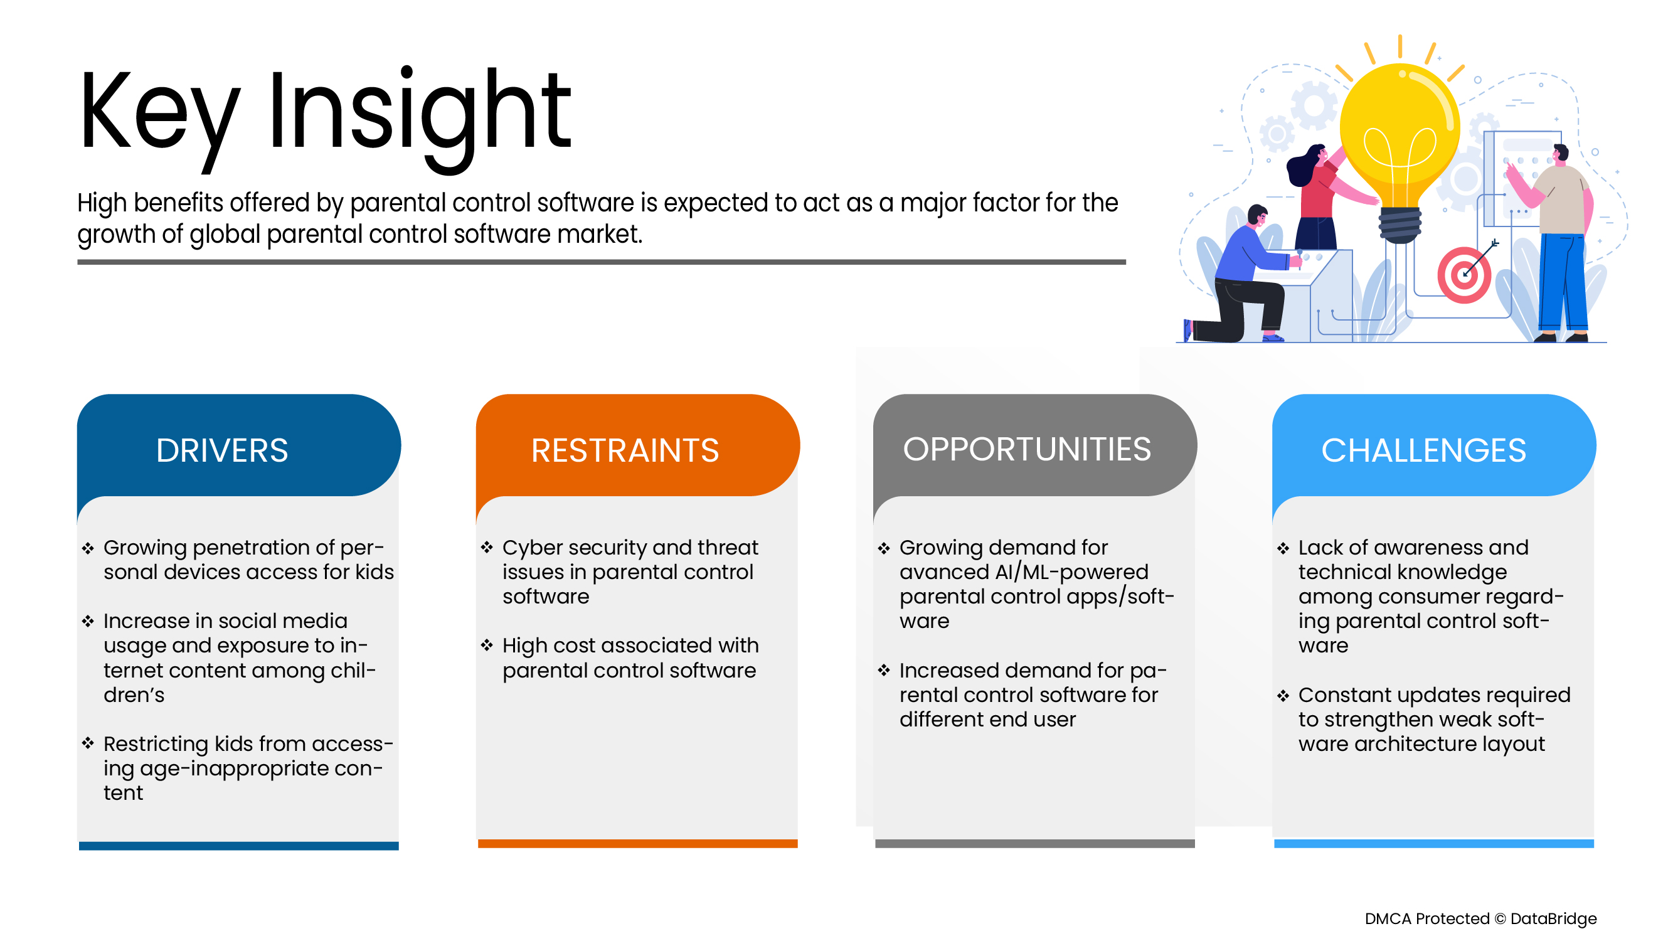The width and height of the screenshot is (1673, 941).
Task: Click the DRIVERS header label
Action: [x=222, y=450]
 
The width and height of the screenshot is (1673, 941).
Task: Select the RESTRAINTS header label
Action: [x=625, y=450]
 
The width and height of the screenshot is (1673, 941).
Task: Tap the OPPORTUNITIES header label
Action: [x=1027, y=449]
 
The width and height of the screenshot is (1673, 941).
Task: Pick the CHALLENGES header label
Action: [x=1423, y=450]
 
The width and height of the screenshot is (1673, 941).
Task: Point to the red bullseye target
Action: [x=1464, y=275]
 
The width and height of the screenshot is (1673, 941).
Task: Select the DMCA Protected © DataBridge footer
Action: [x=1480, y=918]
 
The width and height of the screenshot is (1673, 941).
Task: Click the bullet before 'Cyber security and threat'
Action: [x=487, y=548]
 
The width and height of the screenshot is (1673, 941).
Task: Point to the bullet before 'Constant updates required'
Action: [x=1283, y=696]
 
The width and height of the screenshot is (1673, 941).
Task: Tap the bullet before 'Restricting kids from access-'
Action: [x=88, y=743]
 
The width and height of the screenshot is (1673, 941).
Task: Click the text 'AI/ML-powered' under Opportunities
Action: [x=1071, y=572]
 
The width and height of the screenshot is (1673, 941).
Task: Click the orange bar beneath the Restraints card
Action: [x=638, y=843]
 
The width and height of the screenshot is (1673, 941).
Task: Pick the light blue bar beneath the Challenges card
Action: [x=1434, y=843]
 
